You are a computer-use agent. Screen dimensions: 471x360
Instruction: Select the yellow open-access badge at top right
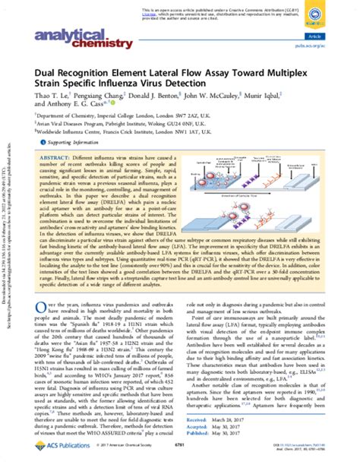pos(336,16)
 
